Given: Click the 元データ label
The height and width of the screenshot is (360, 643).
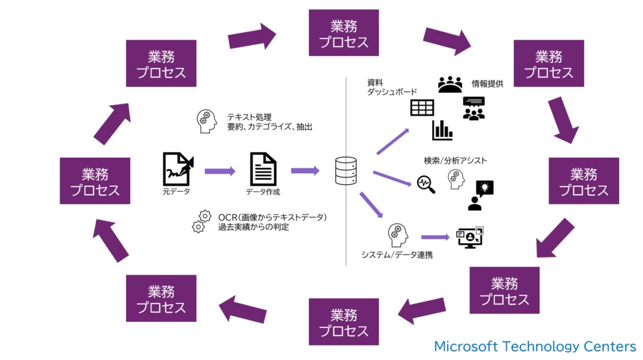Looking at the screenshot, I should coord(176,192).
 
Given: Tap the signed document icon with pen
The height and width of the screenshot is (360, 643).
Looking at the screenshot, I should coord(178,168).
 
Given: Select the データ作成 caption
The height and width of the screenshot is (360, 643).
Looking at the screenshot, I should coord(263,192).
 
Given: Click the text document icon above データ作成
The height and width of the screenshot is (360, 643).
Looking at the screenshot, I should coord(263,169).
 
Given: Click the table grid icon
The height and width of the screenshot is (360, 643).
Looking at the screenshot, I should coord(422,107).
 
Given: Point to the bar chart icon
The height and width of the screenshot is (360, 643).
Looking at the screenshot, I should coord(442,130).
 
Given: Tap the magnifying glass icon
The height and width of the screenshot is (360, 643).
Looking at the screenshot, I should coord(426,185).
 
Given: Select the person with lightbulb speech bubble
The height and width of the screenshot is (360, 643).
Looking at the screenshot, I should coord(480,195).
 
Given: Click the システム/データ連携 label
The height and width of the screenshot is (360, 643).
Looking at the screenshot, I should coord(396,255).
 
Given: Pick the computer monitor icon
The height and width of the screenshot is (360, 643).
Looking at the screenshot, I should coord(469,237).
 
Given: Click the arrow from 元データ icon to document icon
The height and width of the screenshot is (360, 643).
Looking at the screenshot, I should coord(219,170).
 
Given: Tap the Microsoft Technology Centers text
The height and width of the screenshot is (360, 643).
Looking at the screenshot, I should coord(535,346).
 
